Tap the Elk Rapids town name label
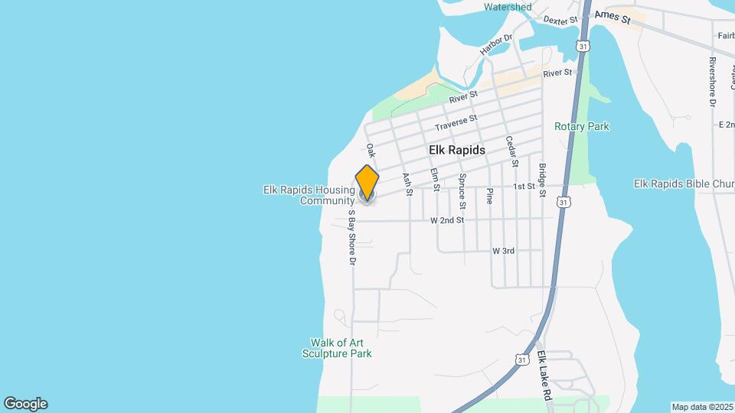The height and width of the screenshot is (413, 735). coord(457,151)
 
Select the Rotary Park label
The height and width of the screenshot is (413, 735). coord(582,126)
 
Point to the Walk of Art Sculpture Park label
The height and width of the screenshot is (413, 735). coord(341,348)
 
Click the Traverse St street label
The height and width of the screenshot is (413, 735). coord(456,122)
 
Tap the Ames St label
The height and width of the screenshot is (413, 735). coord(612,15)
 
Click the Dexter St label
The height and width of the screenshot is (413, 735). coord(559,21)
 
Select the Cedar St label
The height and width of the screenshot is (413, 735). coord(513,152)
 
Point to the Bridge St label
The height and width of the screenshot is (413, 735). coord(542,180)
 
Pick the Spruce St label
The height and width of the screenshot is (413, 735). coord(462,190)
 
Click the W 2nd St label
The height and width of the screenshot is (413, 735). coord(447,220)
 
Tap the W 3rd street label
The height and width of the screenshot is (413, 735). coord(503,251)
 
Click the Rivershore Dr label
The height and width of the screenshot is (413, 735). coord(712,81)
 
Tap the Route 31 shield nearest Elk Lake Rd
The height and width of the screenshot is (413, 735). coord(521,359)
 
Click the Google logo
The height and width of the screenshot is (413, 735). coord(25,404)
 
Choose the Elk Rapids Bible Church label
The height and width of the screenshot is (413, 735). coord(684,184)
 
